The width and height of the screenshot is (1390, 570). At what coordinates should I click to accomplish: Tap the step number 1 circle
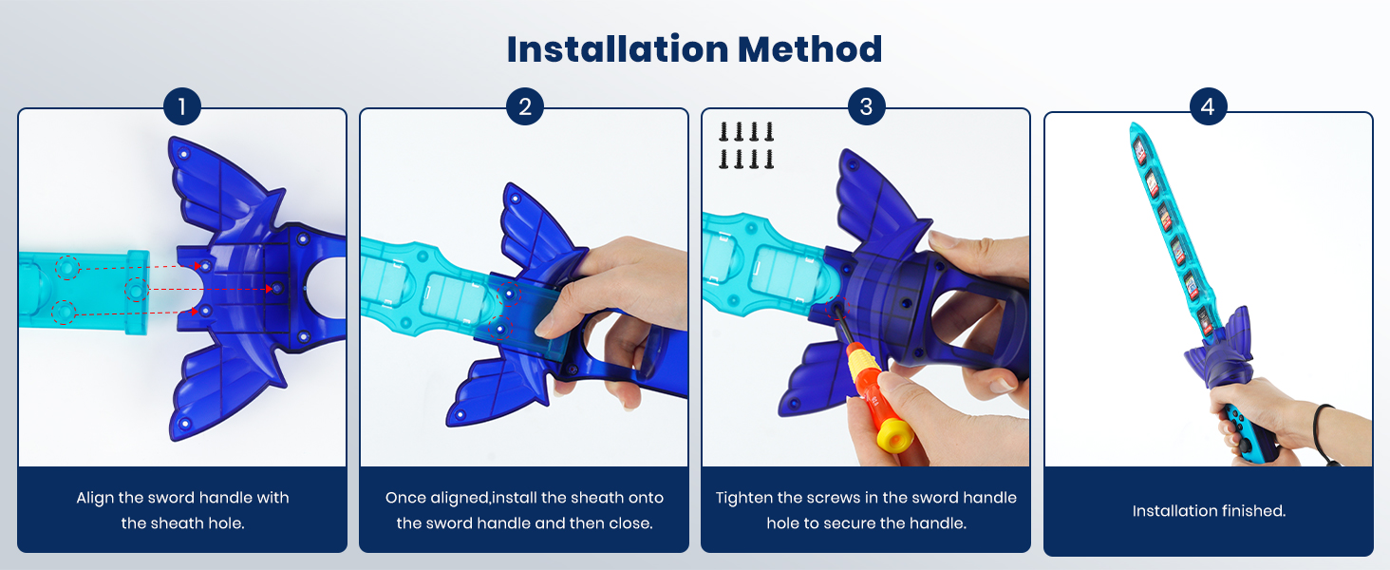click(x=181, y=107)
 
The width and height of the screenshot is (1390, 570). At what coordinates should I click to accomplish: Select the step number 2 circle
click(x=524, y=107)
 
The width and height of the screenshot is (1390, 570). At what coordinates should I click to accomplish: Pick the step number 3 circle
click(x=866, y=107)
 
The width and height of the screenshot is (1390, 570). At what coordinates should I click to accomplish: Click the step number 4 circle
click(x=1208, y=107)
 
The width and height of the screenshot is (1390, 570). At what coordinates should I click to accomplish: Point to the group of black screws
click(x=746, y=145)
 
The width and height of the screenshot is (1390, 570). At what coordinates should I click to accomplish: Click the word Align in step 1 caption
click(x=97, y=498)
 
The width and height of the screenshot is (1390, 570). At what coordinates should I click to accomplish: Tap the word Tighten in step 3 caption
click(x=745, y=498)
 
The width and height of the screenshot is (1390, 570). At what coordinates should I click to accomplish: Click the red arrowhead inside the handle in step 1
click(x=272, y=288)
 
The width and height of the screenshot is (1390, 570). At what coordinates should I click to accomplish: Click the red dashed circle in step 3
click(x=836, y=310)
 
